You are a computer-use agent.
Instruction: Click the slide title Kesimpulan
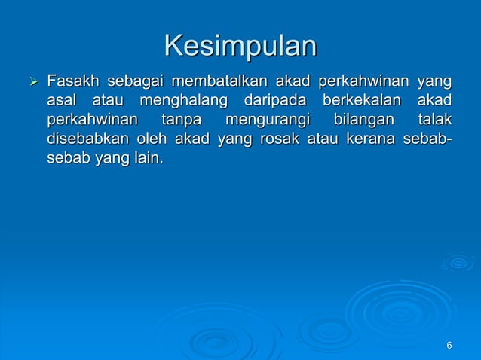point(240,47)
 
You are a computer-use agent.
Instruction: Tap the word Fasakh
point(72,81)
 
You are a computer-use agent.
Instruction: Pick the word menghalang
point(182,100)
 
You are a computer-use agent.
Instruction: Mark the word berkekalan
point(365,100)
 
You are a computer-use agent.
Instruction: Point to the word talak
point(435,120)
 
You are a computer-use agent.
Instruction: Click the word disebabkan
point(82,139)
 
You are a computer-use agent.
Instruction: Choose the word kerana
point(357,139)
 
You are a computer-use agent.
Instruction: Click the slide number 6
point(449,346)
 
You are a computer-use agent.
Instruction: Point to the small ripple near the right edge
point(458,262)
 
